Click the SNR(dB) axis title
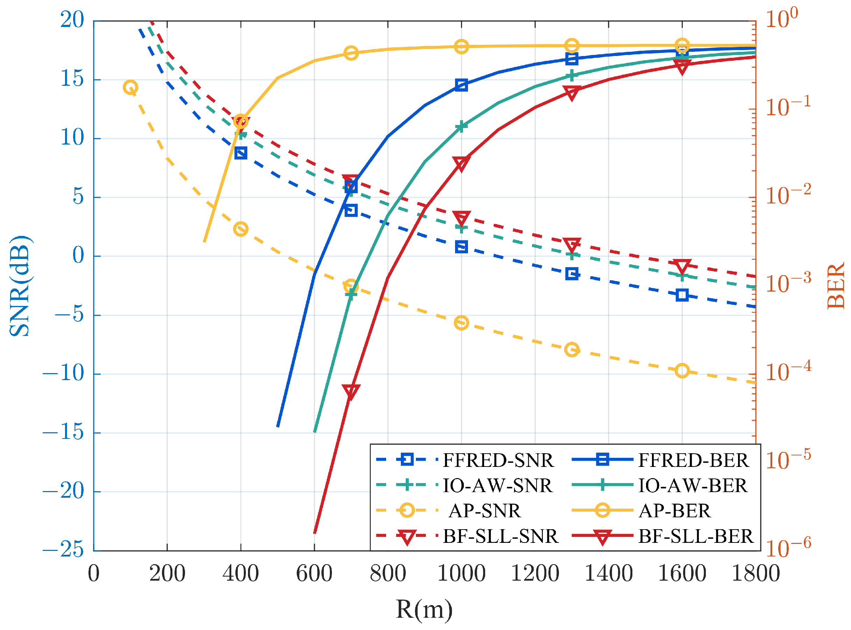click(20, 286)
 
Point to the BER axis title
click(835, 286)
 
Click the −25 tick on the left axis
click(63, 549)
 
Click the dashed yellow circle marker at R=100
click(130, 87)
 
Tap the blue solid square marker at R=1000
click(461, 85)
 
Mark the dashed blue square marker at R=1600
click(682, 295)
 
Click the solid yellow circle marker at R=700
click(351, 53)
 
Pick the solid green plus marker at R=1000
click(461, 126)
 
